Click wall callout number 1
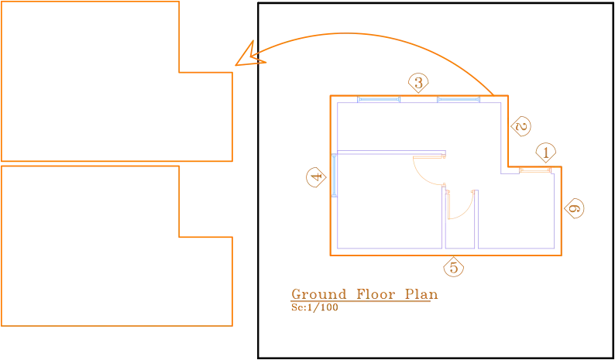(x=546, y=153)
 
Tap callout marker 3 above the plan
(x=418, y=83)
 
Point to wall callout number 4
(x=317, y=177)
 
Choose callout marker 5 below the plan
(x=454, y=268)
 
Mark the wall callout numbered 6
(x=574, y=207)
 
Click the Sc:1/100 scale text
(x=314, y=307)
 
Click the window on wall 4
(x=334, y=175)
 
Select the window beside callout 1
(x=535, y=170)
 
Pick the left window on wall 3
(x=379, y=99)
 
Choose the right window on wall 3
(x=459, y=99)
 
